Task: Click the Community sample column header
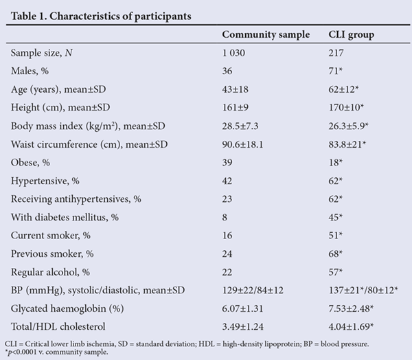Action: [266, 35]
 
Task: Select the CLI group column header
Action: [352, 35]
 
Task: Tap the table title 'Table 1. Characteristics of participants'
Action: [101, 16]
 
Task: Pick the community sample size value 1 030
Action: [233, 53]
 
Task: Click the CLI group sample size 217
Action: [336, 53]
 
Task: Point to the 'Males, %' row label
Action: [30, 71]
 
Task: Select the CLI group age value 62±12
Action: [343, 89]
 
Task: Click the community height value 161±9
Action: [236, 108]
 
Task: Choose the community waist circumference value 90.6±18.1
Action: [243, 144]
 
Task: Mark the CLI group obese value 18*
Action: [336, 163]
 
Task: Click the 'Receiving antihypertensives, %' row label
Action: [76, 199]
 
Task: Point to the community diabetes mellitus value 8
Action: [225, 218]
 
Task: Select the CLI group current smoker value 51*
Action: [336, 236]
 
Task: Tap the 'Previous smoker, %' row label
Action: [52, 254]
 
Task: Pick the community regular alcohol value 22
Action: [227, 272]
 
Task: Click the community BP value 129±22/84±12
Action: [253, 291]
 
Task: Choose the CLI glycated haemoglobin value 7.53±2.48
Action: [351, 308]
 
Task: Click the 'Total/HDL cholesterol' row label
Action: [58, 326]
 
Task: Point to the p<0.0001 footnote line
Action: [56, 352]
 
